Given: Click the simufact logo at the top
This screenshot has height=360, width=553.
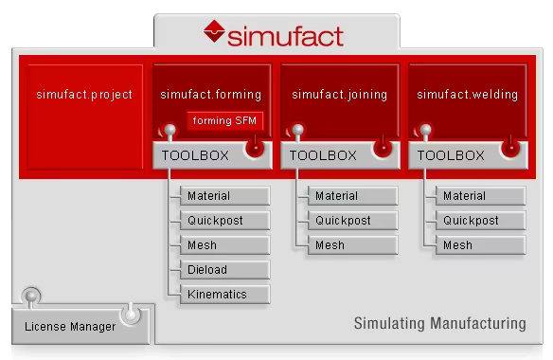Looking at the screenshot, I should pyautogui.click(x=273, y=34).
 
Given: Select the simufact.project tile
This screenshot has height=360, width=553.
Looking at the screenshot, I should pyautogui.click(x=84, y=95).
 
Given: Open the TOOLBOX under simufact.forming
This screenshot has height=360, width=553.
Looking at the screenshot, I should pyautogui.click(x=195, y=155).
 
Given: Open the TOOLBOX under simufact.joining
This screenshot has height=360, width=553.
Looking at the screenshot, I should pyautogui.click(x=323, y=155).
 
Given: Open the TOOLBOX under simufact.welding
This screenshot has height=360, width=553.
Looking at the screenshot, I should pyautogui.click(x=451, y=155).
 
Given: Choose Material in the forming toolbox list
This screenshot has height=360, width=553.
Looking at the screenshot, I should pyautogui.click(x=223, y=196).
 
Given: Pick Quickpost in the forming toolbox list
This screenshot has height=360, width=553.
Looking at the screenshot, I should pyautogui.click(x=223, y=221).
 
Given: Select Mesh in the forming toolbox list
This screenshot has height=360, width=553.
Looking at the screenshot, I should pyautogui.click(x=223, y=245).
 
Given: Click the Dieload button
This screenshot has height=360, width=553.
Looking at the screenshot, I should pyautogui.click(x=223, y=270).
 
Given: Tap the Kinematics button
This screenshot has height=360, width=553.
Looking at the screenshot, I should pyautogui.click(x=223, y=295).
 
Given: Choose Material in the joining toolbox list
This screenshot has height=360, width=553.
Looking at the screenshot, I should pyautogui.click(x=351, y=196).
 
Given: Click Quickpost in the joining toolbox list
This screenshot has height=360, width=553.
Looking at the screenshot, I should pyautogui.click(x=351, y=221).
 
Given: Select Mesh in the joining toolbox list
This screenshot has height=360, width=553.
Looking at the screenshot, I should pyautogui.click(x=351, y=245).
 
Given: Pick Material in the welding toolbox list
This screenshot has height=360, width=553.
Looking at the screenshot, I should pyautogui.click(x=479, y=196).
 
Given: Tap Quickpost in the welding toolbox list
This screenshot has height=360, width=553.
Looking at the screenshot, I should pyautogui.click(x=479, y=221).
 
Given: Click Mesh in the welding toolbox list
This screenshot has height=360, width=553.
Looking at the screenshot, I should pyautogui.click(x=479, y=245).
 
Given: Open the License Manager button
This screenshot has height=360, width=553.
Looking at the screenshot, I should pyautogui.click(x=70, y=327).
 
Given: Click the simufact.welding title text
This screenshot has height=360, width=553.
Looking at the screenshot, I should pyautogui.click(x=467, y=95).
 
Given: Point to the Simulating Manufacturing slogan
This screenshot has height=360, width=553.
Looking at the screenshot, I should pyautogui.click(x=439, y=324).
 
